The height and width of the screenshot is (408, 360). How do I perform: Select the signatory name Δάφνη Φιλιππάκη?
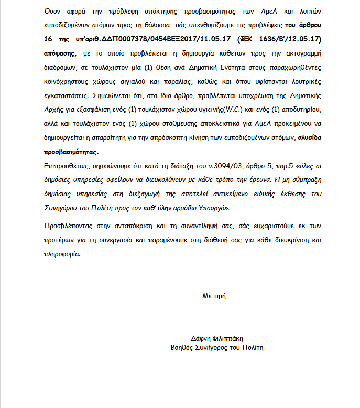[x=217, y=338]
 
